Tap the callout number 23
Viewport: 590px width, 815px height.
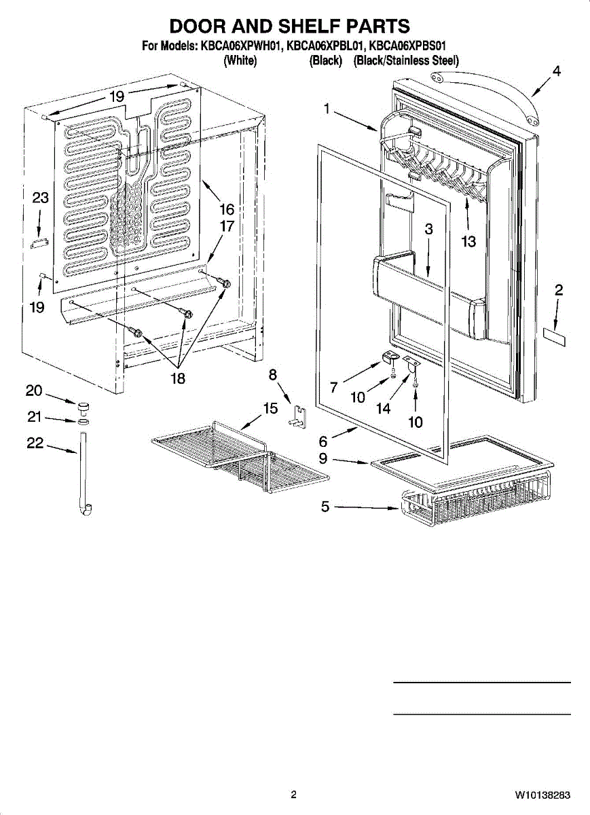[x=41, y=198]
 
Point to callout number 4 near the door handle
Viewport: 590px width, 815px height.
[x=556, y=71]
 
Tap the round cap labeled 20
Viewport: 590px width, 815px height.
[x=85, y=407]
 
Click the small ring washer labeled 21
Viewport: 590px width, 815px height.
[x=84, y=422]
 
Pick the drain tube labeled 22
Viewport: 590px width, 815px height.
[x=84, y=475]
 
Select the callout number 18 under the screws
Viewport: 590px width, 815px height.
[x=177, y=378]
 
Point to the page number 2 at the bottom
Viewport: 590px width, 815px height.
[x=293, y=795]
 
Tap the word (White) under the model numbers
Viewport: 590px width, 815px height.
[x=239, y=61]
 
